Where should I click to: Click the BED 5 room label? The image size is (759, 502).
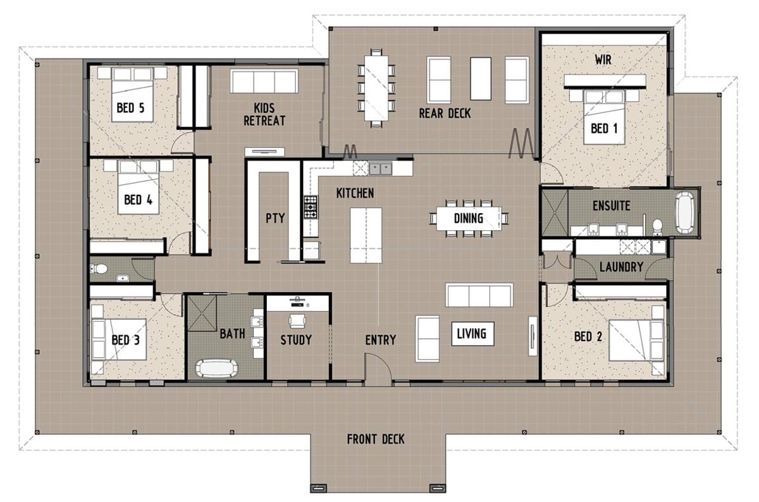pos(130,108)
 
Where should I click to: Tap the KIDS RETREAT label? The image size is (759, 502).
pos(264,114)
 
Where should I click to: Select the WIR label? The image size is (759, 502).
pos(603,60)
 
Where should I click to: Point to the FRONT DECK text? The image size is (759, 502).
pos(376,439)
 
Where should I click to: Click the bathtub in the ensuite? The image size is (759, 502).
pos(685,213)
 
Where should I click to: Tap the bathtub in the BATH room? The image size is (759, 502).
pos(216,368)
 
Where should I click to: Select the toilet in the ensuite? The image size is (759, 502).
pos(657,226)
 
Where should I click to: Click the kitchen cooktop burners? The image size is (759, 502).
pos(311,207)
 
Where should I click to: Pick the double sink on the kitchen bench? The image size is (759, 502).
pos(380,169)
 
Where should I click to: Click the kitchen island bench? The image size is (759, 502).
pos(366,235)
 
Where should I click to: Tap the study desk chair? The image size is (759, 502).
pos(297,321)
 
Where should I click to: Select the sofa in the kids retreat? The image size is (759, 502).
pos(264,81)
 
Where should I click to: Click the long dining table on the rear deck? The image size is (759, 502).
pos(376,88)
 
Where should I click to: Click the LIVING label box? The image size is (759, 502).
pos(472,334)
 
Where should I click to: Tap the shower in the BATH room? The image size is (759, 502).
pos(202,314)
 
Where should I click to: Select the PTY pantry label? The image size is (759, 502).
pos(275,219)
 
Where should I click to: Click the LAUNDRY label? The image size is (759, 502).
pos(621,267)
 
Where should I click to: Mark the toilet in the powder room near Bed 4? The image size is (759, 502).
pos(98,269)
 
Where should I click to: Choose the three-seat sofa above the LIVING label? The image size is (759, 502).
pos(479,295)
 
